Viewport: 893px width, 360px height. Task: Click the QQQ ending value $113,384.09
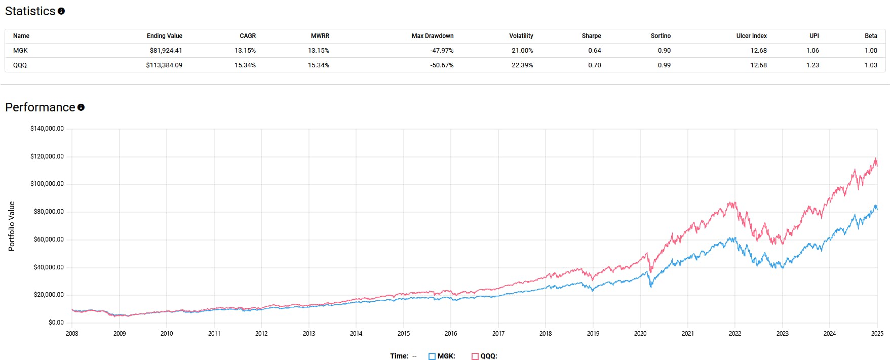pos(164,65)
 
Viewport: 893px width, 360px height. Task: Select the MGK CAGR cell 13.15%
pos(245,51)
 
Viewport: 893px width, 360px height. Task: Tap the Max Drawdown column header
pos(432,36)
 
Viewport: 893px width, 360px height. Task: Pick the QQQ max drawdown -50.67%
pos(442,65)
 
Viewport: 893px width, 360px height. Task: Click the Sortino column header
pos(660,36)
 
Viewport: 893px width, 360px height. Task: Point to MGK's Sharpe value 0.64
pos(594,51)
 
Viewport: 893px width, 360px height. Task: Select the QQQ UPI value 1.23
pos(812,65)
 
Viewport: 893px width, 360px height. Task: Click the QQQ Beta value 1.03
pos(870,65)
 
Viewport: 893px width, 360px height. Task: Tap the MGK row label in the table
pos(20,51)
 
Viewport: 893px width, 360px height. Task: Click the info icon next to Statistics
pos(61,11)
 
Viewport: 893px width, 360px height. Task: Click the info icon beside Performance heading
pos(81,107)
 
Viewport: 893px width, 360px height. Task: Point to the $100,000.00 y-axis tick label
pos(47,184)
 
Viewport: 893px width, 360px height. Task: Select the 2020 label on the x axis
pos(640,334)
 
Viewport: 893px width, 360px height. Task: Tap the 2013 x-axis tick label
pos(308,334)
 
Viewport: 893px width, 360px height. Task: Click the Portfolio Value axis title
pos(12,226)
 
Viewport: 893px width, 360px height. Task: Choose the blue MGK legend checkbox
pos(432,356)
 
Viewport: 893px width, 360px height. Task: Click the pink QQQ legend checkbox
pos(475,356)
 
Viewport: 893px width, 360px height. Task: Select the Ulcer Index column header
pos(751,36)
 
